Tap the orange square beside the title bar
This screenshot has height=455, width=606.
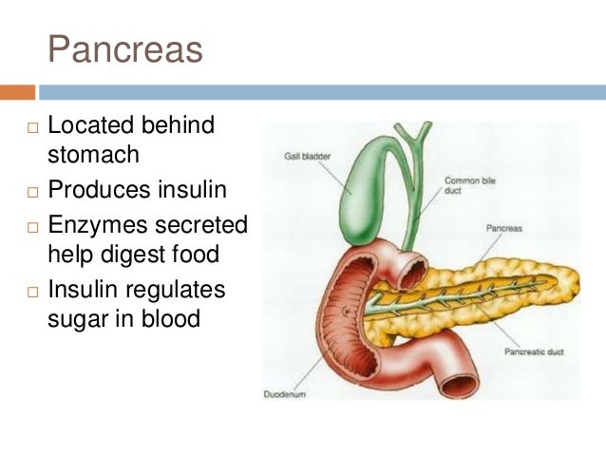click(x=17, y=93)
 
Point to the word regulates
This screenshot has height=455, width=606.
click(x=180, y=288)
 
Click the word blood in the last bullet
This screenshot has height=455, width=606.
click(x=169, y=317)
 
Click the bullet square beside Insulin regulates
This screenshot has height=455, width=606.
click(x=31, y=290)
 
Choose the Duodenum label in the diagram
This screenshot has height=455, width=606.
click(x=285, y=393)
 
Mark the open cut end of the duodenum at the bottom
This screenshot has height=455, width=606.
click(x=460, y=384)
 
